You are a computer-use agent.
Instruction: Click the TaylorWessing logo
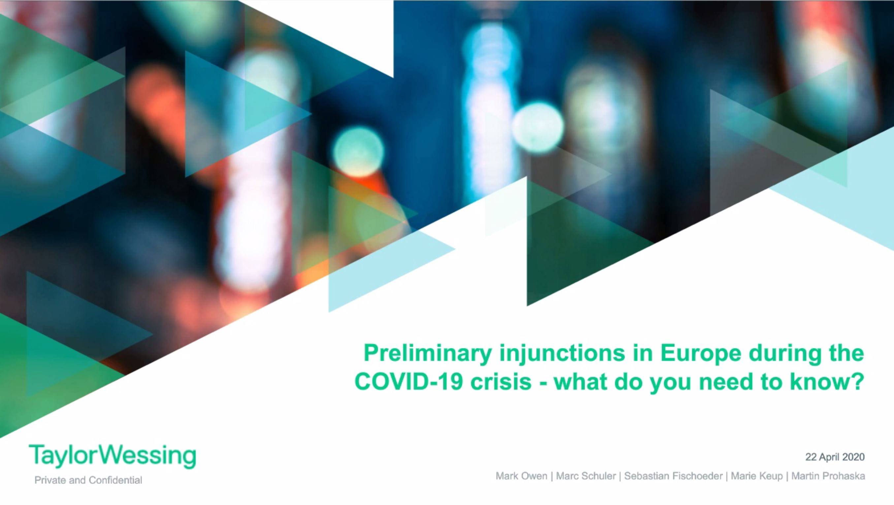(112, 456)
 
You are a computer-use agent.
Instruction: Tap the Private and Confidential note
(88, 480)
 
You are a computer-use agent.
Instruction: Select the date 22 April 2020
(835, 457)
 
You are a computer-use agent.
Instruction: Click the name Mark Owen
(521, 476)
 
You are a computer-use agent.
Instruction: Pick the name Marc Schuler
(586, 476)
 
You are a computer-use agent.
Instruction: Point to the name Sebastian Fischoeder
(673, 476)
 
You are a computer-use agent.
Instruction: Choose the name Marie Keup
(756, 476)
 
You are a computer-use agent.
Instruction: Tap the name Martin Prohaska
(828, 476)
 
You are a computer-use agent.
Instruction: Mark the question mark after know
(857, 382)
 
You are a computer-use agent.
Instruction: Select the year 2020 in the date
(852, 457)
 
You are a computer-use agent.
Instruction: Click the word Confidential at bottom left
(115, 480)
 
